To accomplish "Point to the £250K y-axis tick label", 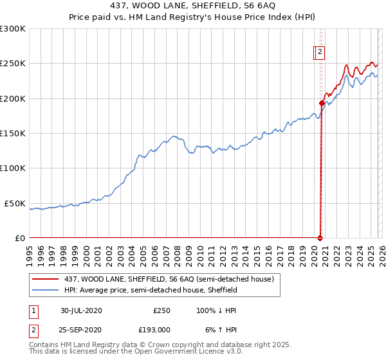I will pyautogui.click(x=13, y=64).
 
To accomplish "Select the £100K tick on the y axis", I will pyautogui.click(x=13, y=168).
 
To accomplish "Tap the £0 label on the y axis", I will pyautogui.click(x=19, y=238).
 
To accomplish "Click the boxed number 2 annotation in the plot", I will pyautogui.click(x=320, y=53).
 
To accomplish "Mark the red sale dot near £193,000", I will pyautogui.click(x=322, y=103).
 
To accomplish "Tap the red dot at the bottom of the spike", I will pyautogui.click(x=320, y=238).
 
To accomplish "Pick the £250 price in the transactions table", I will pyautogui.click(x=161, y=310).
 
